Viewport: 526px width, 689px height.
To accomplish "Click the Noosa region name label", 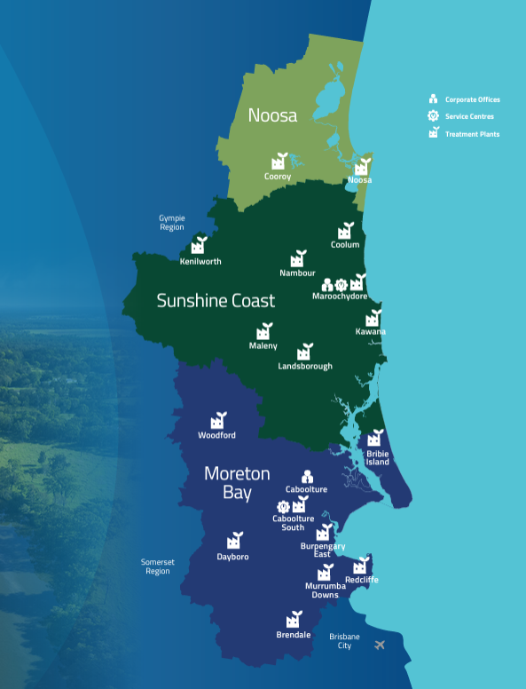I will click(271, 115).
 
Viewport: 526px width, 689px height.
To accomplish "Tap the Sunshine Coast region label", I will click(216, 300).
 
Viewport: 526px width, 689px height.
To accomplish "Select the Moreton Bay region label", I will click(237, 482).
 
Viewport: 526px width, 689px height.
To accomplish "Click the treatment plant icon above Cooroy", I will click(279, 161).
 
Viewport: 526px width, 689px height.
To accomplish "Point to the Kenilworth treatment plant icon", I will click(199, 245).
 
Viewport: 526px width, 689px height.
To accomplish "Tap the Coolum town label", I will click(345, 244).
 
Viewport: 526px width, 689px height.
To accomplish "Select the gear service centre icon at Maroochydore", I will click(342, 284).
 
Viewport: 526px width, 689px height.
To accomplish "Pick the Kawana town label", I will click(371, 332).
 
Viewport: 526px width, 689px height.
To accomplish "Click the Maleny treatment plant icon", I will click(263, 330).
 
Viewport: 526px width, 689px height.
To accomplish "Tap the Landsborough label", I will click(305, 366).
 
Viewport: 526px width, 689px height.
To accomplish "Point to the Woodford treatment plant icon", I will click(217, 420).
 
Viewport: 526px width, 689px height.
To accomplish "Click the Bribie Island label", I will click(378, 457).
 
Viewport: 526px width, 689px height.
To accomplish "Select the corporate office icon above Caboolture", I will click(307, 477).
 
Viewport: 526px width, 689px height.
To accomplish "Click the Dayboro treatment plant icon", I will click(234, 541).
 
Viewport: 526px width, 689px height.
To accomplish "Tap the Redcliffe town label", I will click(361, 579).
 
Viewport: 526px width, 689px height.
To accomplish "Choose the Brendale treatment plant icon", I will click(293, 620).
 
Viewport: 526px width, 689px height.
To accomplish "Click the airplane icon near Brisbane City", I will click(381, 645).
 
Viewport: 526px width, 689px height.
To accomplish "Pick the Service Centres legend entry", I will click(469, 116).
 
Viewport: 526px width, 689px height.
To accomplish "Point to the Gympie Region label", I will click(172, 222).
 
